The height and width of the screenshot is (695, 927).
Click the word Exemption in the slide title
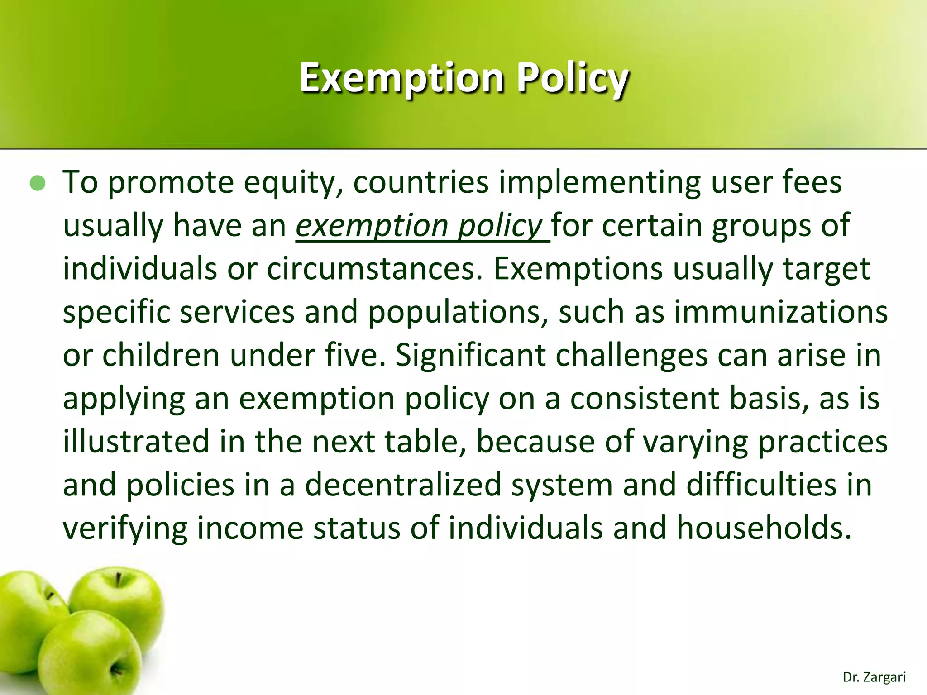(x=401, y=78)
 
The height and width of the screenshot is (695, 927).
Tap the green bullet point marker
(x=38, y=183)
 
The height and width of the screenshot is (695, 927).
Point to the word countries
(x=421, y=182)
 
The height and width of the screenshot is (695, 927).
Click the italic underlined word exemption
(x=371, y=225)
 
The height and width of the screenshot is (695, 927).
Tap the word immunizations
(x=781, y=312)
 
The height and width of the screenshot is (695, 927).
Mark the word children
(x=161, y=355)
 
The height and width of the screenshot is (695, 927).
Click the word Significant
(x=470, y=355)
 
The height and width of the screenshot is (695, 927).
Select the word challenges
(x=631, y=355)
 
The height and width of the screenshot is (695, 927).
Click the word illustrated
(x=136, y=442)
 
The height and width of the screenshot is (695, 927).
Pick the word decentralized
(x=403, y=485)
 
